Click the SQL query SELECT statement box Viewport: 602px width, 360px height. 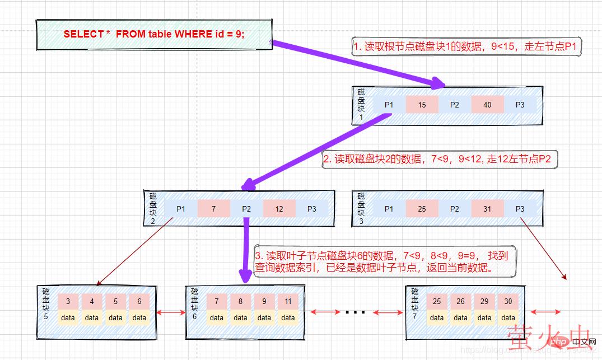[x=154, y=34]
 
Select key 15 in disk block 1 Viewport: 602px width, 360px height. [x=422, y=105]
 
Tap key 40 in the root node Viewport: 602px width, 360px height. [x=487, y=105]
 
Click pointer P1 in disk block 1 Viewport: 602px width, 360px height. [x=389, y=105]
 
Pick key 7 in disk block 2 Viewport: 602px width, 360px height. [x=213, y=209]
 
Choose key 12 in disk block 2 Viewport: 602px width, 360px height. [x=279, y=209]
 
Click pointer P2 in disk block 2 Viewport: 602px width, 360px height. [x=246, y=209]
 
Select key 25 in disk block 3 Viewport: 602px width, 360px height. [x=422, y=209]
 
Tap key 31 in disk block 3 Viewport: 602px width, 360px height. [x=487, y=209]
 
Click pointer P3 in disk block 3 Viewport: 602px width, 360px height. [x=520, y=209]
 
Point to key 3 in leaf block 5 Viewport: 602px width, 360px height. [x=68, y=301]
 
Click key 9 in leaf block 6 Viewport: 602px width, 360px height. [x=264, y=301]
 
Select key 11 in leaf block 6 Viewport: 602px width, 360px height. [x=288, y=301]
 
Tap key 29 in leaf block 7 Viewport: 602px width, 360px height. [x=484, y=301]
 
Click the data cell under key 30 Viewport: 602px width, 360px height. [x=507, y=317]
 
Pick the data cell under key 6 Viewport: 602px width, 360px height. [x=139, y=317]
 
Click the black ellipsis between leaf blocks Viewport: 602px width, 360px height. [x=354, y=312]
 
